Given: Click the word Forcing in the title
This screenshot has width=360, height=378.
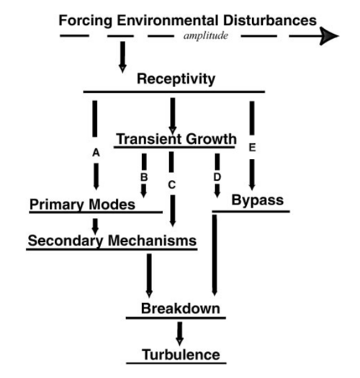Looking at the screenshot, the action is click(x=86, y=21).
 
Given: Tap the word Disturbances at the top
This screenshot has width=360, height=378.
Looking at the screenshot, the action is click(x=270, y=20).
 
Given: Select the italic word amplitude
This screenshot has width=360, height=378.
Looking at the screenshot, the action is click(x=206, y=36).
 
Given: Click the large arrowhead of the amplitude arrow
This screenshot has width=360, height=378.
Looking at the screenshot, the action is click(x=329, y=36).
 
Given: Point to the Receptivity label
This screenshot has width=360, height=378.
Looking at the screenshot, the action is click(x=176, y=79).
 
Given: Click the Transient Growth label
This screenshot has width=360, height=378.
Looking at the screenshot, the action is click(x=176, y=139).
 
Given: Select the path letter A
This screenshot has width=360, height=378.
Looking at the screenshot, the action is click(x=96, y=153).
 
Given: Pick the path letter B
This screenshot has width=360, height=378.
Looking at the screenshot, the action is click(x=144, y=177).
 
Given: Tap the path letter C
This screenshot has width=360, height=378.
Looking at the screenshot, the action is click(x=171, y=185).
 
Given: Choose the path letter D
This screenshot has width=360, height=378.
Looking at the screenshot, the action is click(x=217, y=177).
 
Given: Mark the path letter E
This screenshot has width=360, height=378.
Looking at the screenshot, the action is click(x=252, y=148).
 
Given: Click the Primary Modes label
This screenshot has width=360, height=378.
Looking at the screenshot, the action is click(x=82, y=205).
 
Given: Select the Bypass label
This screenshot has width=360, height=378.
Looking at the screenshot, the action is click(x=258, y=200).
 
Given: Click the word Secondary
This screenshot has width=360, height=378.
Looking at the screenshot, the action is click(x=66, y=240).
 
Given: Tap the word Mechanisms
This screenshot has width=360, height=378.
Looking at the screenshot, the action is click(x=152, y=240).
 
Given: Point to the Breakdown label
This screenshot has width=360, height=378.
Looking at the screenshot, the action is click(x=181, y=308).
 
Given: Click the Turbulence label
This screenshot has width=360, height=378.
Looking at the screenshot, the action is click(x=181, y=355).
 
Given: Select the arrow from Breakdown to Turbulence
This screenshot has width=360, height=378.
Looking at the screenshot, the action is click(x=179, y=333).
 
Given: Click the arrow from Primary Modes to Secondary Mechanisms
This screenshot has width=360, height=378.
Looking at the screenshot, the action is click(x=96, y=226).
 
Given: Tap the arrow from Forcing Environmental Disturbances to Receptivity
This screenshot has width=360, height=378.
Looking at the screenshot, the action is click(x=122, y=57).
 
